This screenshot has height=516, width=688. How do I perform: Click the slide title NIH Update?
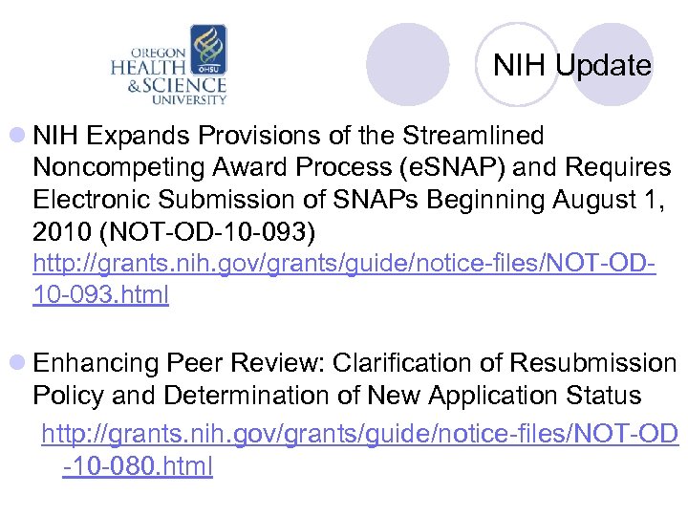click(x=571, y=66)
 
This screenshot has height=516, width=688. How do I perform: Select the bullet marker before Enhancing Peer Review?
click(x=19, y=364)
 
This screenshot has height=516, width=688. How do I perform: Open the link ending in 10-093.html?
click(x=100, y=295)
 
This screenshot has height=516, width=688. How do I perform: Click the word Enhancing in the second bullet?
click(x=96, y=364)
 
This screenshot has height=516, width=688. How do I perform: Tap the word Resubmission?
click(x=592, y=364)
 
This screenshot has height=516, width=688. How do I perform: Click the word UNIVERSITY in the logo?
click(x=191, y=98)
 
